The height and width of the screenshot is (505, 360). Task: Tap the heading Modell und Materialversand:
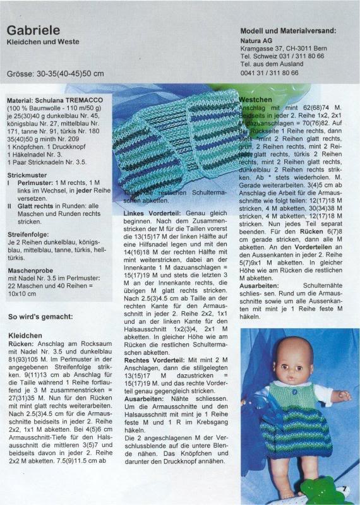click(288, 30)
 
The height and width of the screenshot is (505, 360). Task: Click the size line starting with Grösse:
click(55, 73)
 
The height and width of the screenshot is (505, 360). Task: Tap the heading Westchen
click(256, 100)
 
